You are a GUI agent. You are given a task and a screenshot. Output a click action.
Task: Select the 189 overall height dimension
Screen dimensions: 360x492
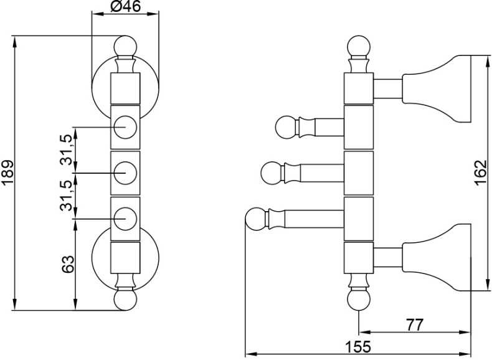7,173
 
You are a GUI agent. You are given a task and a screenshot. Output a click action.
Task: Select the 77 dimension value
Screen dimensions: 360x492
415,324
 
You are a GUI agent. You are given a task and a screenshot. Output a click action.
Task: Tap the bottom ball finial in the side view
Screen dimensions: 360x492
359,301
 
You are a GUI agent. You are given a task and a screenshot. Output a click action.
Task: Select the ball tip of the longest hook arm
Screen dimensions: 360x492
255,219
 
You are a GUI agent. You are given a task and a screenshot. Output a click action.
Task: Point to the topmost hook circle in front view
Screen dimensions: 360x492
125,126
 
